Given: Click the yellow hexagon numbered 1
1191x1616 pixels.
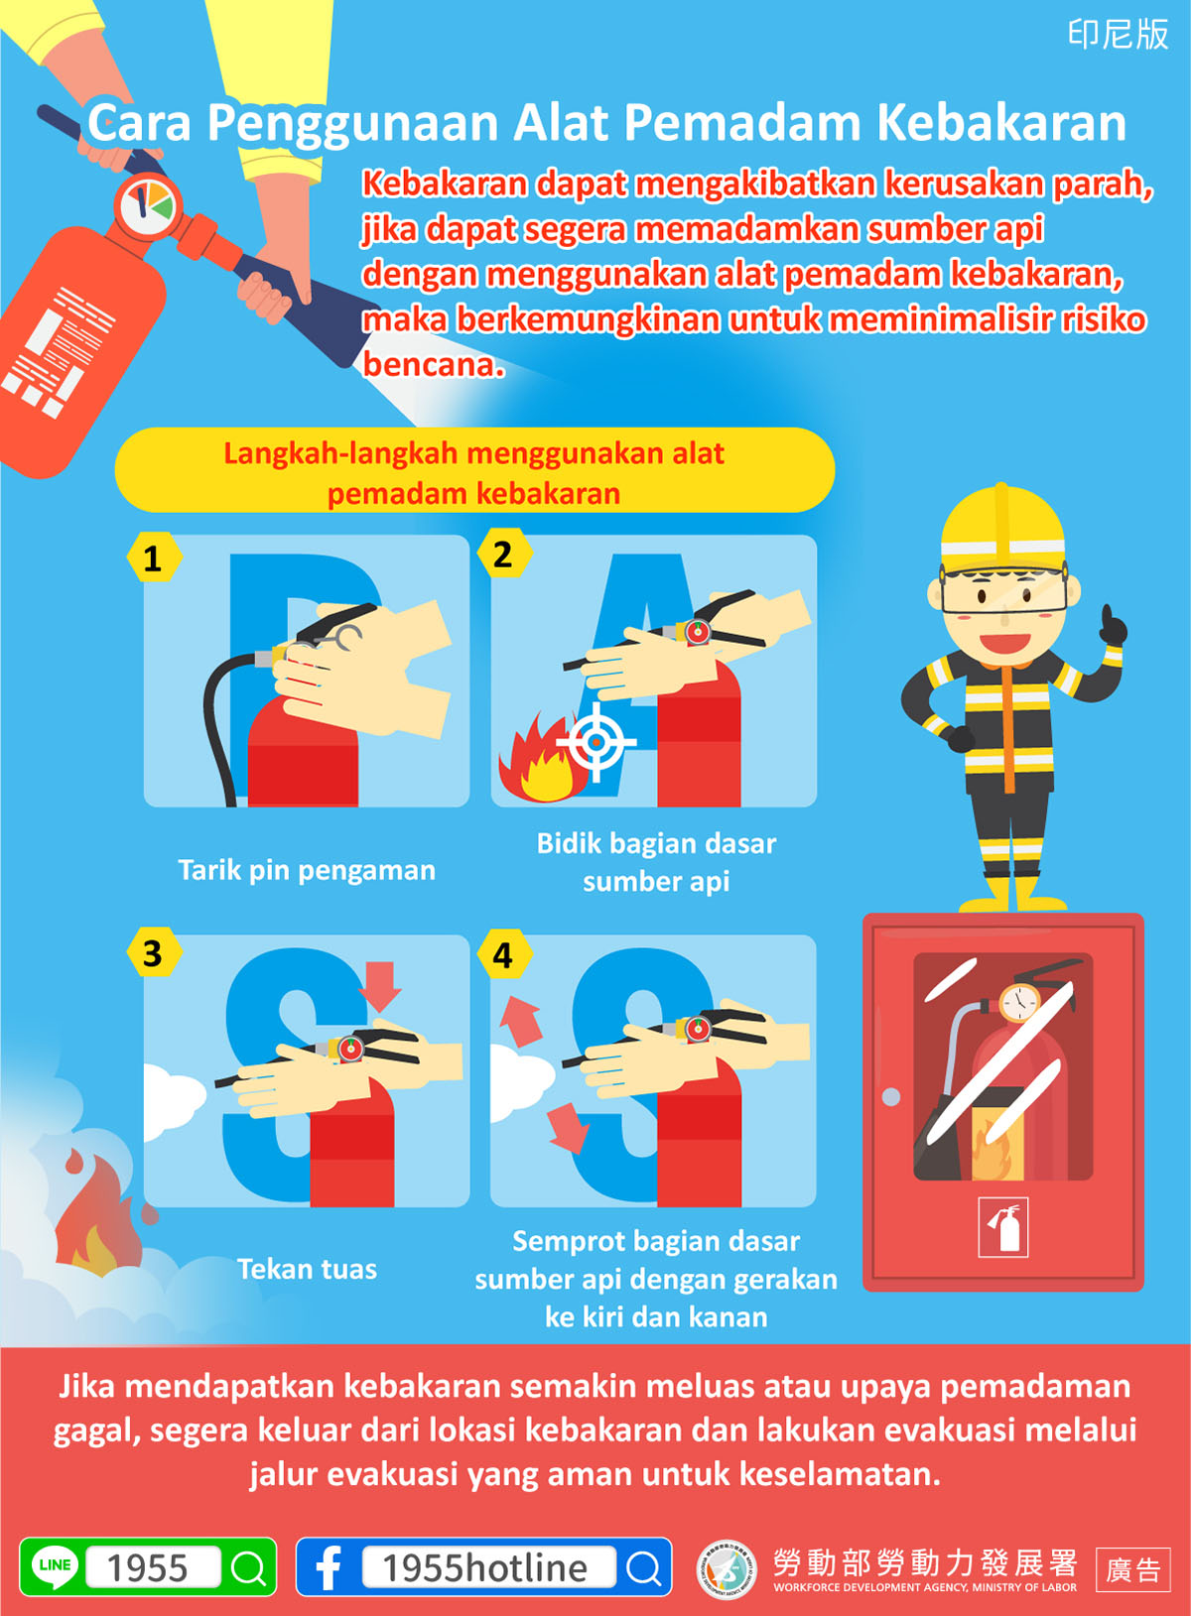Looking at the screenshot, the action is coord(153,557).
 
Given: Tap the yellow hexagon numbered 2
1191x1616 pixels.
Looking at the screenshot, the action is coord(504,554).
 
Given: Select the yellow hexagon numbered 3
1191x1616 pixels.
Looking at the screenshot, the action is coord(153,952).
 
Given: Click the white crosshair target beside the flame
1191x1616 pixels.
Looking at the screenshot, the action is coord(595,741).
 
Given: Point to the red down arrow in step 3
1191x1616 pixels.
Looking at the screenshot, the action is coord(380,986).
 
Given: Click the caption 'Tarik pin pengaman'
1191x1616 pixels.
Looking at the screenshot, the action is coord(307,871).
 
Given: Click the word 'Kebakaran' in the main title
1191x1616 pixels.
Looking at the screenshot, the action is coord(1001,123).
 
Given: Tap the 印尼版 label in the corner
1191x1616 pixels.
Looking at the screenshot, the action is coord(1119,35).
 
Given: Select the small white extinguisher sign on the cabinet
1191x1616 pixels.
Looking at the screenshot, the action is coord(1003,1227).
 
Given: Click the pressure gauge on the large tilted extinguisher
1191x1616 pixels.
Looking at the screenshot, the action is coord(147,206).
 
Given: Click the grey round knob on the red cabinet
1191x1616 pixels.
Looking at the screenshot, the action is coord(891,1096).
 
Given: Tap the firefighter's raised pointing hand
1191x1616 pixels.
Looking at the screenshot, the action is coord(1113,626).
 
